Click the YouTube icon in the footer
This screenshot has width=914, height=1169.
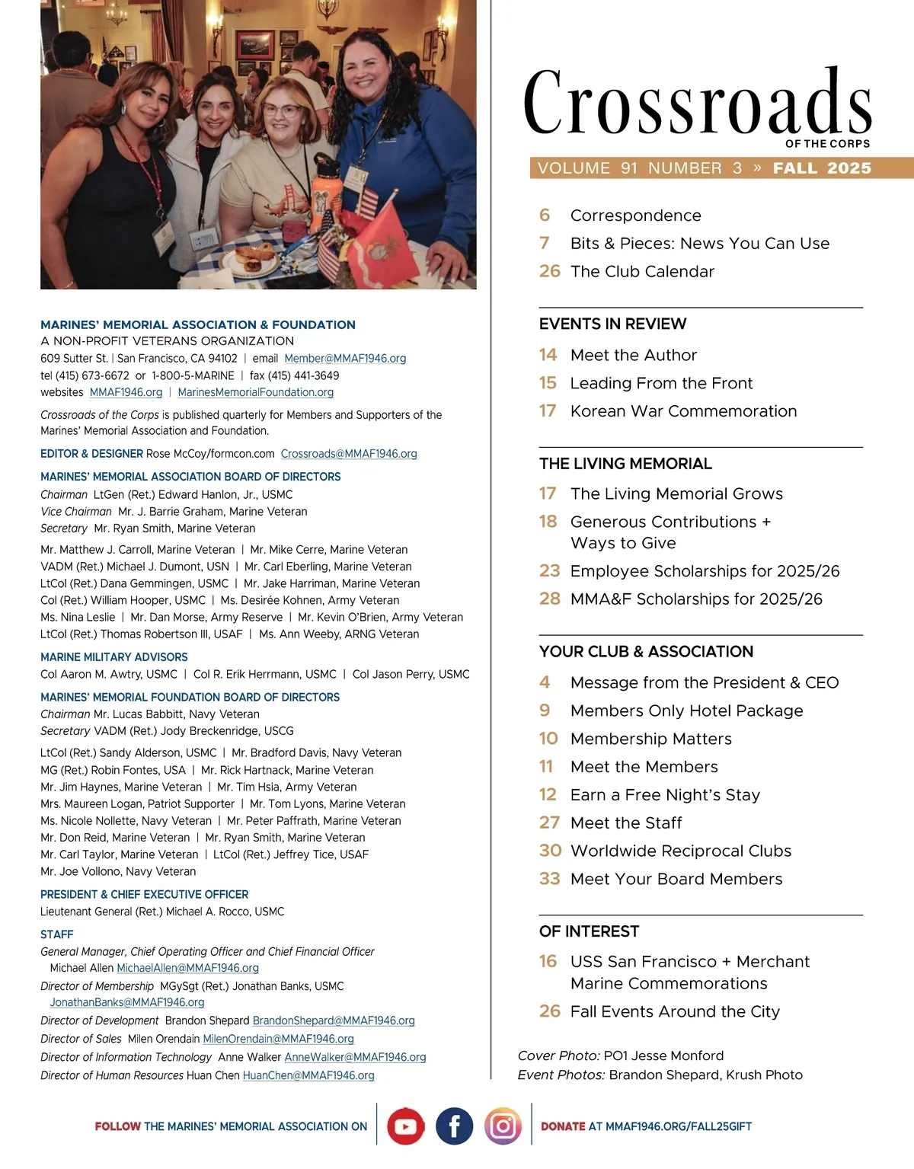405,1126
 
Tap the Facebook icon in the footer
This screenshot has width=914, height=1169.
454,1126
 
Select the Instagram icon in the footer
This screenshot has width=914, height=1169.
503,1126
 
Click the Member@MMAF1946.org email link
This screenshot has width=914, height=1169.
345,358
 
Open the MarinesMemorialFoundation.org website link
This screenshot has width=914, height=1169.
255,392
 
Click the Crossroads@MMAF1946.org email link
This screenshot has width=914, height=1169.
349,454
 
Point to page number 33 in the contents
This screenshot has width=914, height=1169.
549,879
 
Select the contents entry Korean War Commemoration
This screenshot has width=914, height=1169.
683,411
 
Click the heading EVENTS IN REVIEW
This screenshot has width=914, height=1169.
612,324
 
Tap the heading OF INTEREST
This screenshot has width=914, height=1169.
589,931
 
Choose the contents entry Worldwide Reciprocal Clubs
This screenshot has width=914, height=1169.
681,851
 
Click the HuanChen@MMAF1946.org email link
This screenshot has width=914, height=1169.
308,1075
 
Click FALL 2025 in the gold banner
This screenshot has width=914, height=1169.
822,168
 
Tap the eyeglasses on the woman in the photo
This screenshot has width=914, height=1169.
281,110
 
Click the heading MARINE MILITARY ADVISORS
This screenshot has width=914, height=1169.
114,657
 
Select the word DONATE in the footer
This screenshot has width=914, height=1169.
563,1126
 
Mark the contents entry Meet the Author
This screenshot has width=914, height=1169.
634,355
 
